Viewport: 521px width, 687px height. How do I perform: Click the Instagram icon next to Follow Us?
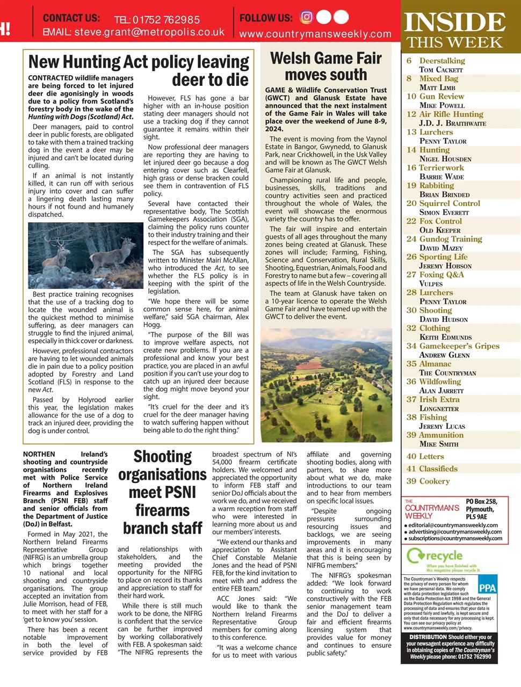tap(306, 17)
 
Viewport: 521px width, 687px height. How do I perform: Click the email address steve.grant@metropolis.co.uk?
tap(149, 32)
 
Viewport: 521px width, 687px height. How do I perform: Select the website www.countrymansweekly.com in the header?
tap(315, 34)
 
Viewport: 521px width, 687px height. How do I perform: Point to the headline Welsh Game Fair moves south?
tap(325, 66)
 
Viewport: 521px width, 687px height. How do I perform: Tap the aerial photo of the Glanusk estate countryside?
tap(326, 385)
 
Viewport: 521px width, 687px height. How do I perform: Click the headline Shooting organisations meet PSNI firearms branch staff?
tap(162, 492)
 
